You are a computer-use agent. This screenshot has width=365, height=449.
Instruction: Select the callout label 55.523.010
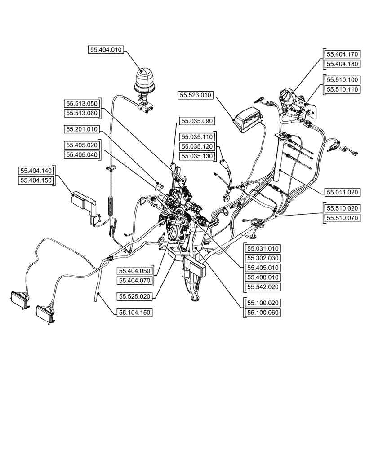(x=196, y=95)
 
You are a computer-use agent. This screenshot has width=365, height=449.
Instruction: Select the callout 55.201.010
(x=81, y=129)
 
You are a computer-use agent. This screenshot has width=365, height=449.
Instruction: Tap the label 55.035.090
(x=198, y=121)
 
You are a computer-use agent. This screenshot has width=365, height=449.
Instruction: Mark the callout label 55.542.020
(x=262, y=286)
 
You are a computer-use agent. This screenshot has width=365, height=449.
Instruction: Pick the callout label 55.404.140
(x=36, y=171)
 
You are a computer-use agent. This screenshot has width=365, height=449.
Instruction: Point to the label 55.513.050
(x=81, y=104)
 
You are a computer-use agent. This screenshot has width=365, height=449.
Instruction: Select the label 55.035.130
(x=198, y=156)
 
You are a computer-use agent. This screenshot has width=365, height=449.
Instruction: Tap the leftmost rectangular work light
(x=20, y=297)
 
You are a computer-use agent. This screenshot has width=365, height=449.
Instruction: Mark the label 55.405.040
(x=81, y=155)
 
